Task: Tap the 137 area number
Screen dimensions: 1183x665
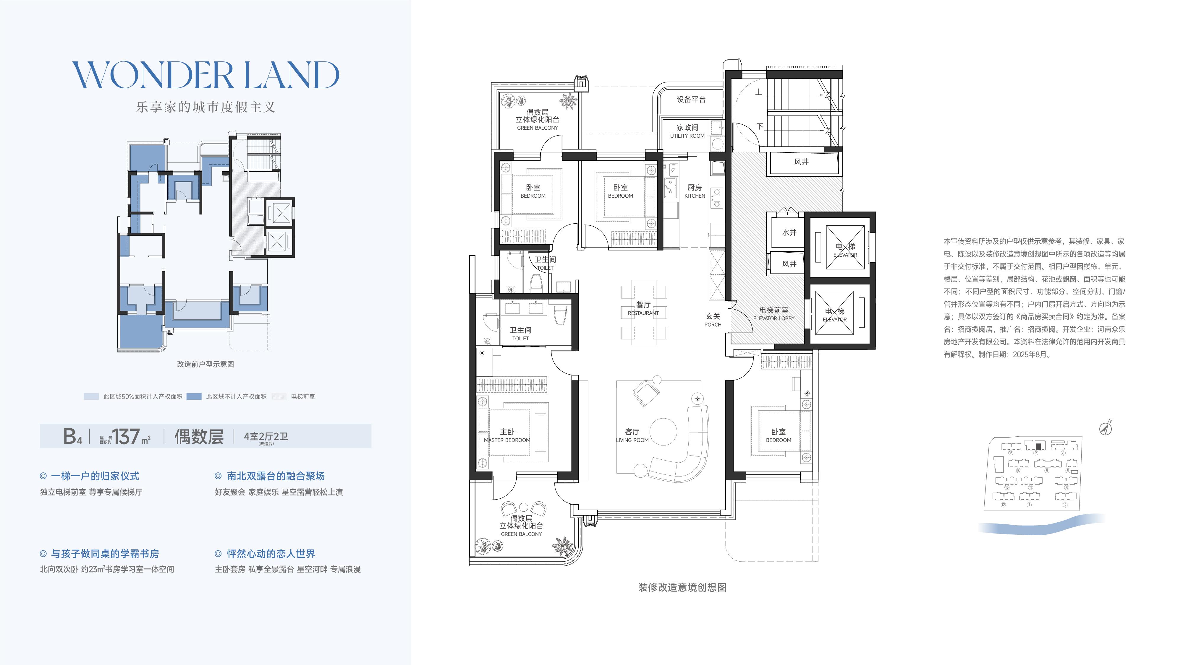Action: coord(126,436)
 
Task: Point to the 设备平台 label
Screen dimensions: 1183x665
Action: coord(691,100)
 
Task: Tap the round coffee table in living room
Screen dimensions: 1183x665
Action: coord(663,431)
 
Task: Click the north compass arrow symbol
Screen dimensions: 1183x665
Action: coord(1106,428)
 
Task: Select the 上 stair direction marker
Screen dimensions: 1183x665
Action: coord(759,92)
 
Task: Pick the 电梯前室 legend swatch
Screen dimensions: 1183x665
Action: coord(279,396)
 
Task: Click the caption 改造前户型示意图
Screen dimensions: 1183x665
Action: coord(206,364)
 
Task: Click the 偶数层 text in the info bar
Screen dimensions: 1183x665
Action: coord(199,436)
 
